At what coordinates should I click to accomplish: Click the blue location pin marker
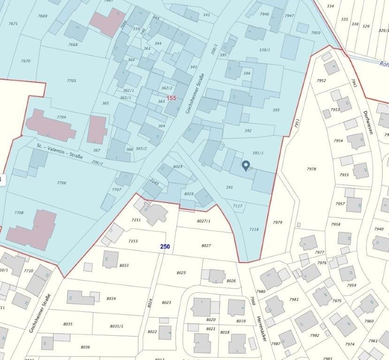[x=246, y=166]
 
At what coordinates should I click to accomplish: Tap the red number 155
[x=171, y=98]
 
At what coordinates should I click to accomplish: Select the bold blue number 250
[x=165, y=247]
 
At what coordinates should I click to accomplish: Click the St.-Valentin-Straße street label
[x=60, y=151]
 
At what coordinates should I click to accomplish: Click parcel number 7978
[x=312, y=169]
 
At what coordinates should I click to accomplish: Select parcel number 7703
[x=71, y=81]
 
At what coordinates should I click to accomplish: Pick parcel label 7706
[x=61, y=183]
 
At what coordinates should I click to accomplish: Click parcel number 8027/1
[x=204, y=221]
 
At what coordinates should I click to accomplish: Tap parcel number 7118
[x=254, y=229]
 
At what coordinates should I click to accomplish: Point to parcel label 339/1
[x=265, y=50]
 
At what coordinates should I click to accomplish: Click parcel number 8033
[x=124, y=265]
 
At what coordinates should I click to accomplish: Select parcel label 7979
[x=278, y=222]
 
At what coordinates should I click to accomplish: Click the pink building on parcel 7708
[x=32, y=230]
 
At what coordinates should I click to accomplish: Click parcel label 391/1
[x=258, y=153]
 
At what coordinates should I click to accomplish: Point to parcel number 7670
[x=26, y=61]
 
